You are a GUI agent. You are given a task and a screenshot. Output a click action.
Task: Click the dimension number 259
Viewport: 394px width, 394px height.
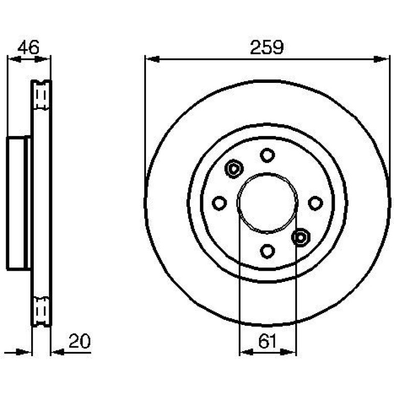(x=267, y=47)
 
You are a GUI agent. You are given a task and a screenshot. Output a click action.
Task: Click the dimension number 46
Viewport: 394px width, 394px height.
(x=28, y=47)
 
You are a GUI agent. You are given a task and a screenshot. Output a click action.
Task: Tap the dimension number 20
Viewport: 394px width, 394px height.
(x=79, y=341)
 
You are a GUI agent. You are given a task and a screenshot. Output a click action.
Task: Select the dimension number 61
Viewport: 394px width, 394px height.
(x=267, y=341)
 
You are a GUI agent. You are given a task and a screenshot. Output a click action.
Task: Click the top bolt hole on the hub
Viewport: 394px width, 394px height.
(x=267, y=155)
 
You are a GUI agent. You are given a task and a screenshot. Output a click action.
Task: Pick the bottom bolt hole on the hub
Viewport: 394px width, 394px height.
(x=267, y=251)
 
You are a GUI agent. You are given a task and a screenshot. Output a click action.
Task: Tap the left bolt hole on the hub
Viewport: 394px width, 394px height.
(x=220, y=203)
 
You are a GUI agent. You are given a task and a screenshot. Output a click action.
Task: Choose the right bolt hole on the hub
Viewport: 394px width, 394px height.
(x=315, y=203)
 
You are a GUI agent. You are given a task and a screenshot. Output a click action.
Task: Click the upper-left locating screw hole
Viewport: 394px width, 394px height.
(x=234, y=169)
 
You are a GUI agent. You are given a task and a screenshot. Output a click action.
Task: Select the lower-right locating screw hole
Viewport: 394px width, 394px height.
(x=300, y=237)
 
